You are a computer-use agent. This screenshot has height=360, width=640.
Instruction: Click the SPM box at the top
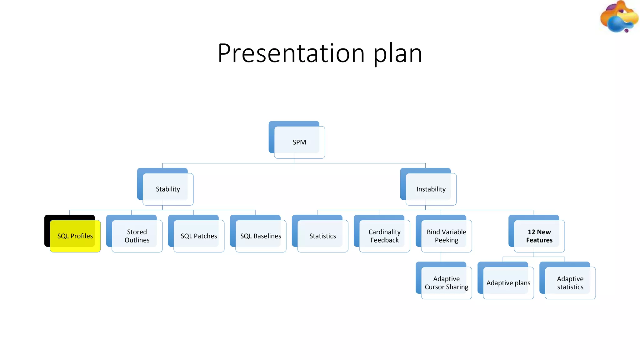(299, 142)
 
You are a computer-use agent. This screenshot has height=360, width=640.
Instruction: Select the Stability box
(168, 189)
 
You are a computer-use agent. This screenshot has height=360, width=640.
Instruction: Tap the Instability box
(431, 189)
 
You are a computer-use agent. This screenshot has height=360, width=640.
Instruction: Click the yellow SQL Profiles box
(75, 236)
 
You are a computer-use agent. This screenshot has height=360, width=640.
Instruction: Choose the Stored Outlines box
(137, 236)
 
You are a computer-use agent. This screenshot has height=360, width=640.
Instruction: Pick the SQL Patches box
(199, 236)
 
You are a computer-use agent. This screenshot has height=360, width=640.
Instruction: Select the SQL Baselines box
(261, 236)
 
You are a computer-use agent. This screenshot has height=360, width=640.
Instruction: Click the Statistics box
(322, 236)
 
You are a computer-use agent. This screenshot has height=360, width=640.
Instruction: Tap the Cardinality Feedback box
(384, 236)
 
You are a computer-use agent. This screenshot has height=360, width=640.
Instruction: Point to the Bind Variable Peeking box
(446, 236)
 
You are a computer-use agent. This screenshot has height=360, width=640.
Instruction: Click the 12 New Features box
(539, 236)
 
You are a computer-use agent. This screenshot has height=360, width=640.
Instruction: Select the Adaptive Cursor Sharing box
(446, 283)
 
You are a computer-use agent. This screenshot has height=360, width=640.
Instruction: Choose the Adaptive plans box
(508, 283)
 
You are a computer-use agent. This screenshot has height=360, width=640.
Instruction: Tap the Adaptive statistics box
(570, 283)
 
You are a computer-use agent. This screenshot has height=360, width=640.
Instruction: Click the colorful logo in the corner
(619, 17)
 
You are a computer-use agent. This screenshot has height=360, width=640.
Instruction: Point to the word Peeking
(446, 240)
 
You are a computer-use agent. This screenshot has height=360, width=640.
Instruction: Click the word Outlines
(137, 240)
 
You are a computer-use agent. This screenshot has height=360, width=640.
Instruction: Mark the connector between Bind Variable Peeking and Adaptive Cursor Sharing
(441, 257)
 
